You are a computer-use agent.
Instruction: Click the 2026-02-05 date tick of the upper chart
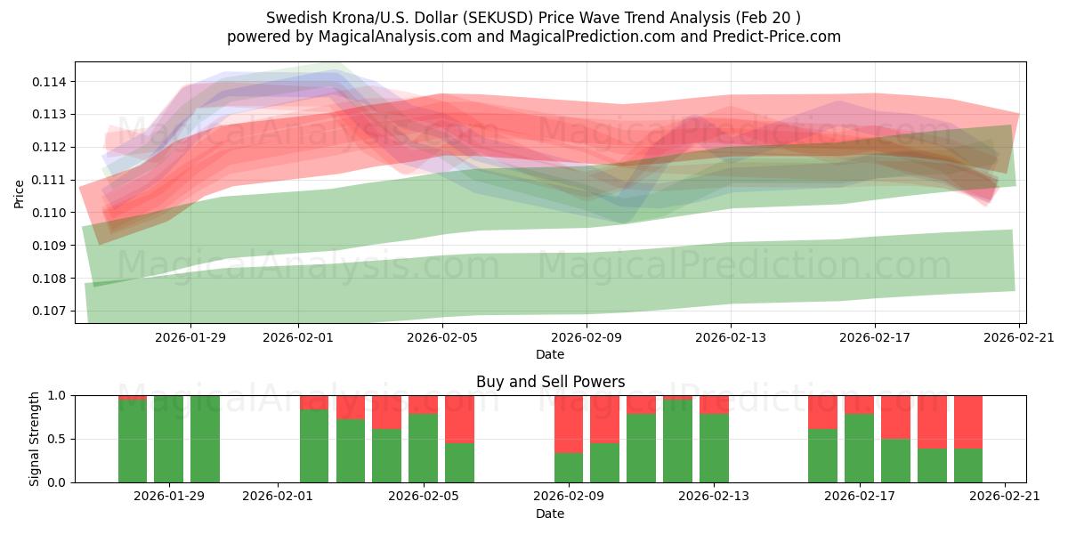click(x=442, y=337)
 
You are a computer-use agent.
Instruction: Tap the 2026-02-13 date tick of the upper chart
click(x=731, y=337)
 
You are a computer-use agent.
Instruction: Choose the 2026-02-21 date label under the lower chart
click(x=1005, y=497)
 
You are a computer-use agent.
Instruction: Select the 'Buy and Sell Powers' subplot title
click(x=550, y=382)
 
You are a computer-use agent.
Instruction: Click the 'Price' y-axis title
click(x=20, y=193)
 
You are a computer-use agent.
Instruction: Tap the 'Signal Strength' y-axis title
click(x=35, y=439)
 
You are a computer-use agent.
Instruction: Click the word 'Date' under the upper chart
click(x=550, y=354)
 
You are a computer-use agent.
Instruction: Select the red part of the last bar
click(x=968, y=422)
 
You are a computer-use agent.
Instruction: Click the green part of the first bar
click(x=133, y=441)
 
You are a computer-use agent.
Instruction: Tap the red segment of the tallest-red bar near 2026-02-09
click(x=569, y=424)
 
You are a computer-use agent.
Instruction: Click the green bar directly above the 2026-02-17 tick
click(x=859, y=449)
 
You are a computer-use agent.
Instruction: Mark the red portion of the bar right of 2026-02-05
click(x=459, y=418)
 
